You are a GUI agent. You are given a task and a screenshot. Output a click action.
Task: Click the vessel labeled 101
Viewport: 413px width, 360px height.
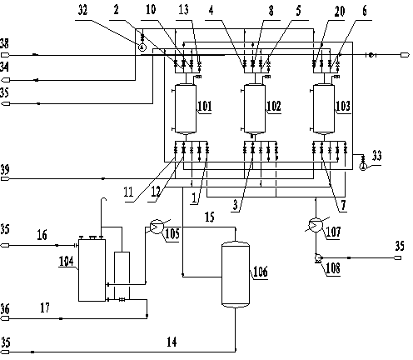186,108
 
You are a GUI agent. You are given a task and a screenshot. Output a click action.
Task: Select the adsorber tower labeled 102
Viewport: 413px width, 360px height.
255,108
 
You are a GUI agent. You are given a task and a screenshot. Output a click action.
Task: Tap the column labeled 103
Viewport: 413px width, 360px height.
324,108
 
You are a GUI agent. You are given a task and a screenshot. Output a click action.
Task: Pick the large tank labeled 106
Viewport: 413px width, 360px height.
236,274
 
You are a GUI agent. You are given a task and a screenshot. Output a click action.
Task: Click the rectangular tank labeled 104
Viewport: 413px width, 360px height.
92,270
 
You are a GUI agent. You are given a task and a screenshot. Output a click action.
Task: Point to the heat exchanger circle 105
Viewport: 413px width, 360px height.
157,227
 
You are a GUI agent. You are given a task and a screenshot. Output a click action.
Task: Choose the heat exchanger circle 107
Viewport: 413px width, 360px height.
316,225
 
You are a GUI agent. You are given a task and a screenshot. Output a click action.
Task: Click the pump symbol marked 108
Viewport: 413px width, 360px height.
317,258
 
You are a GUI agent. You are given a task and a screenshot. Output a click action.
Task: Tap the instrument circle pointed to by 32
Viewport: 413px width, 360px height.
142,47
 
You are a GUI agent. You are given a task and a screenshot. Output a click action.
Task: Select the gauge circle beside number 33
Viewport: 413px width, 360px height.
362,167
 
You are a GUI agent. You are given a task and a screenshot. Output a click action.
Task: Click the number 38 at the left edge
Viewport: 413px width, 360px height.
4,43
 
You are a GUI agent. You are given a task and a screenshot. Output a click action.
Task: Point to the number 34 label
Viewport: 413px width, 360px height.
4,67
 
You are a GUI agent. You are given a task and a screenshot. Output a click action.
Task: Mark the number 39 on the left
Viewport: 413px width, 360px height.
5,169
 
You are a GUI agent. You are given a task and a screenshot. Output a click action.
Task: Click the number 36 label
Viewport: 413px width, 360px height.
5,309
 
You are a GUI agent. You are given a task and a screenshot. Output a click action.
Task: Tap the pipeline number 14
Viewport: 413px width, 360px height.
172,342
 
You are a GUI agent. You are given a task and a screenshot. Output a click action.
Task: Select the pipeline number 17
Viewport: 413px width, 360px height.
45,307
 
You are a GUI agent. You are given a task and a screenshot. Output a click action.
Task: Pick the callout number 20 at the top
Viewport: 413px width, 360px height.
340,12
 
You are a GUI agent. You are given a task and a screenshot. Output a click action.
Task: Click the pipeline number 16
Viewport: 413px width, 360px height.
42,235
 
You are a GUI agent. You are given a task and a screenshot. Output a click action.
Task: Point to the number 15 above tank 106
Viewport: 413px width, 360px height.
210,217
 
